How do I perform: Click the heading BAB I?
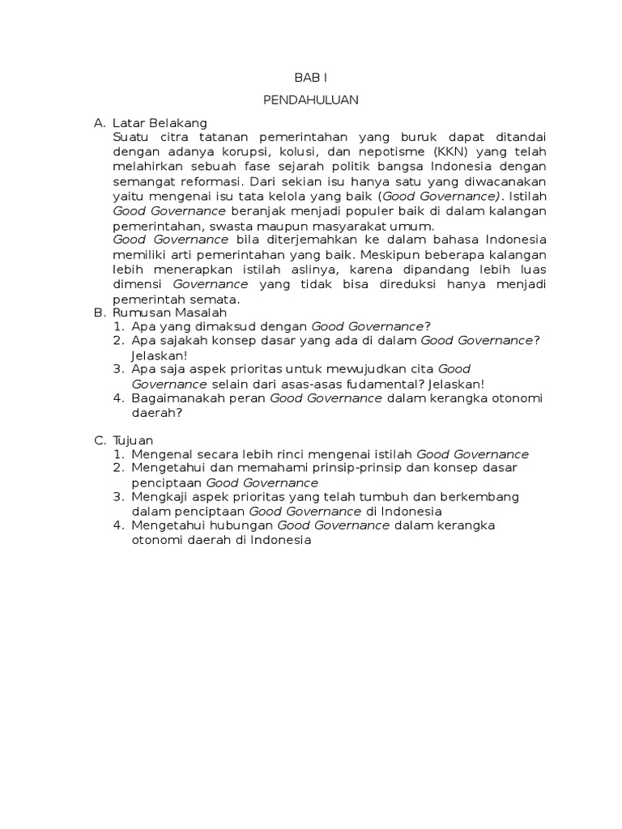311,78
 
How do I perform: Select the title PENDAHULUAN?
311,100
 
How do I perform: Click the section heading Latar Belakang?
160,123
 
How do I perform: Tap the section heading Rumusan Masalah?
170,312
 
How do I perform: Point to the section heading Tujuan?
134,440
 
